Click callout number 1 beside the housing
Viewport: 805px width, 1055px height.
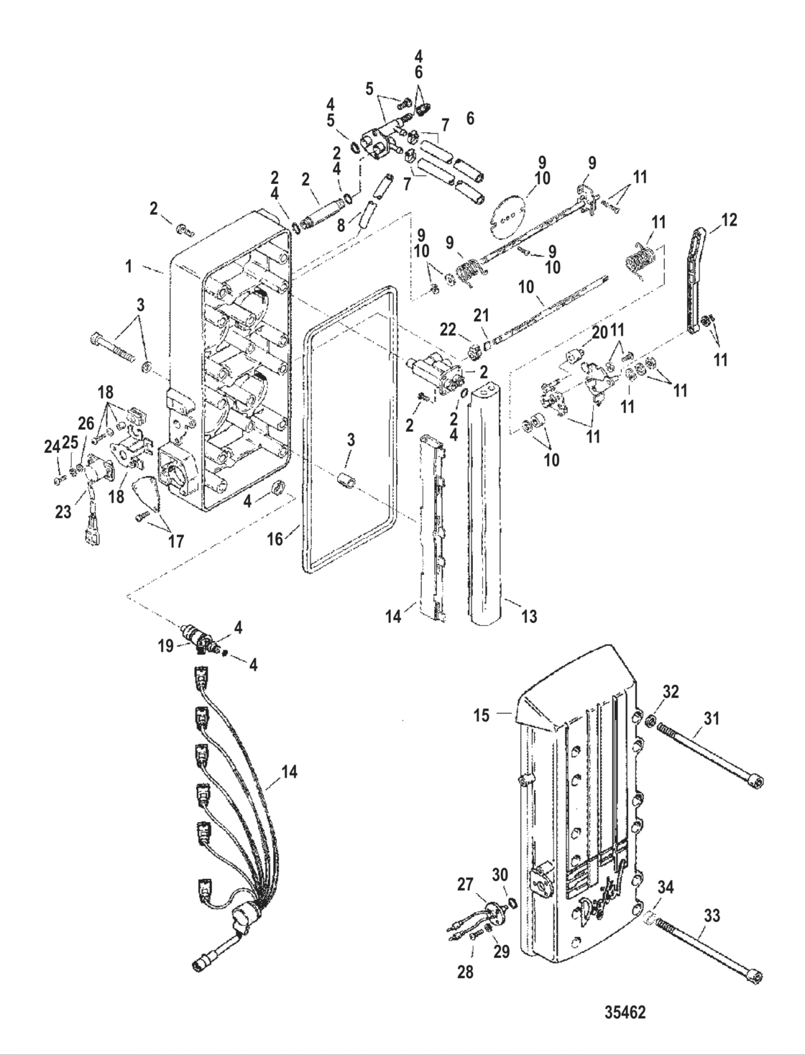(129, 267)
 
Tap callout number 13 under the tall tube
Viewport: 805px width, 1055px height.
(529, 616)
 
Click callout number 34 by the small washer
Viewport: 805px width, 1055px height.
(666, 889)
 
